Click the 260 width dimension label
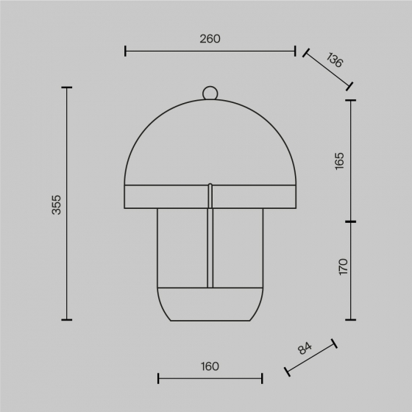click(x=210, y=39)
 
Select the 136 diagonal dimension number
click(x=335, y=60)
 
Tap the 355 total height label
click(x=56, y=205)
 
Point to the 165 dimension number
click(x=339, y=161)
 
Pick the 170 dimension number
click(x=343, y=266)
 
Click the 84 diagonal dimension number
click(x=305, y=348)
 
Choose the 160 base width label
click(x=210, y=366)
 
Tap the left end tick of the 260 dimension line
click(x=125, y=51)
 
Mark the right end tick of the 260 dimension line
click(x=295, y=51)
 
